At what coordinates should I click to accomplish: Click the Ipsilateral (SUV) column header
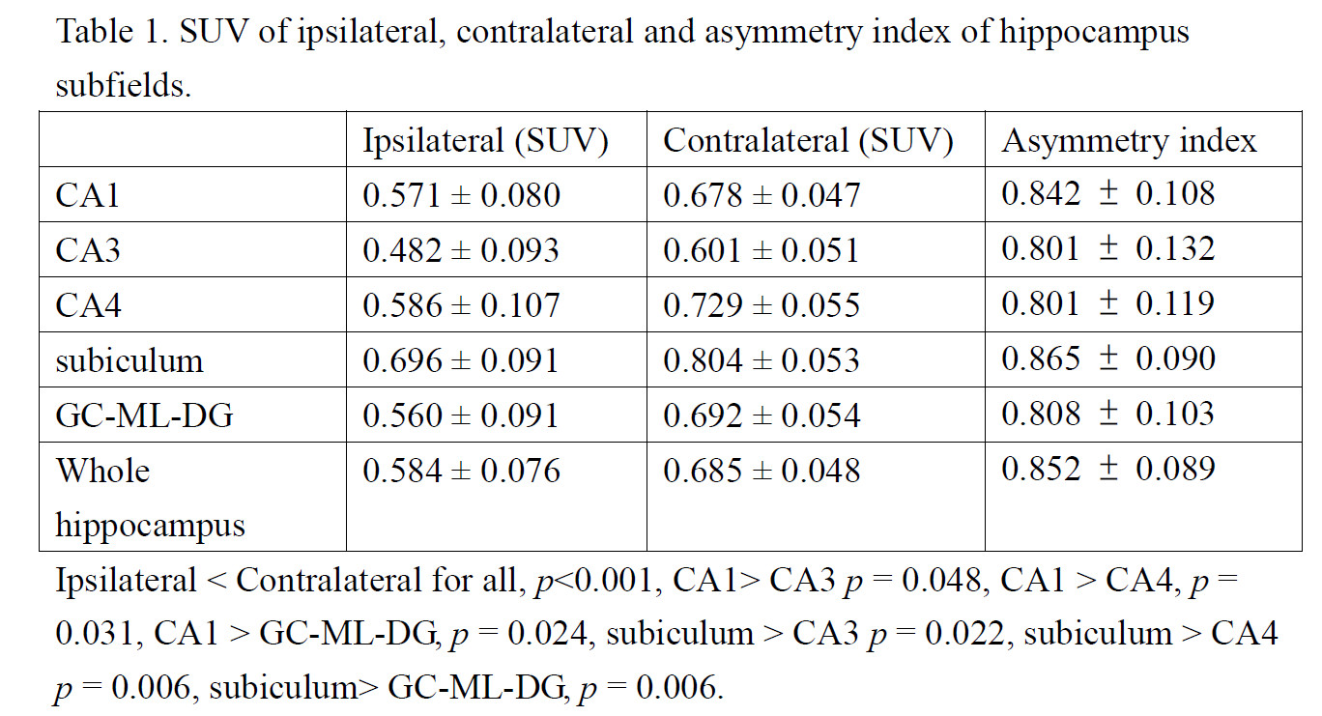click(x=485, y=141)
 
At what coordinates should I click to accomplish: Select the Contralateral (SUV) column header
click(x=808, y=141)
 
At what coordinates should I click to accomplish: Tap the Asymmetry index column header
click(x=1129, y=141)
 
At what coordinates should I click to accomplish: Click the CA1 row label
click(x=88, y=196)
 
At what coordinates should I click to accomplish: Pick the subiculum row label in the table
click(x=129, y=361)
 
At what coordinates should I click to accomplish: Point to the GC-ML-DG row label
click(x=144, y=416)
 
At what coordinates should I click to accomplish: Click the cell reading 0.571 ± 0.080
click(x=461, y=196)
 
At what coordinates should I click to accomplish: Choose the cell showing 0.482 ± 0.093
click(x=461, y=251)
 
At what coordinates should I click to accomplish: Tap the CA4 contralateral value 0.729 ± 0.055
click(x=761, y=306)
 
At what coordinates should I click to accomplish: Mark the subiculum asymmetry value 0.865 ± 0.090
click(x=1107, y=359)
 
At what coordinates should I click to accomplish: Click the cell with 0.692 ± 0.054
click(x=761, y=416)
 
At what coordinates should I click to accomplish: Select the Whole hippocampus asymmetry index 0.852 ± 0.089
click(x=1107, y=470)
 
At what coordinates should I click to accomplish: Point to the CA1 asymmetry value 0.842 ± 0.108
click(x=1107, y=194)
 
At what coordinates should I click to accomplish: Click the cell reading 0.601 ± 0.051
click(x=761, y=251)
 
